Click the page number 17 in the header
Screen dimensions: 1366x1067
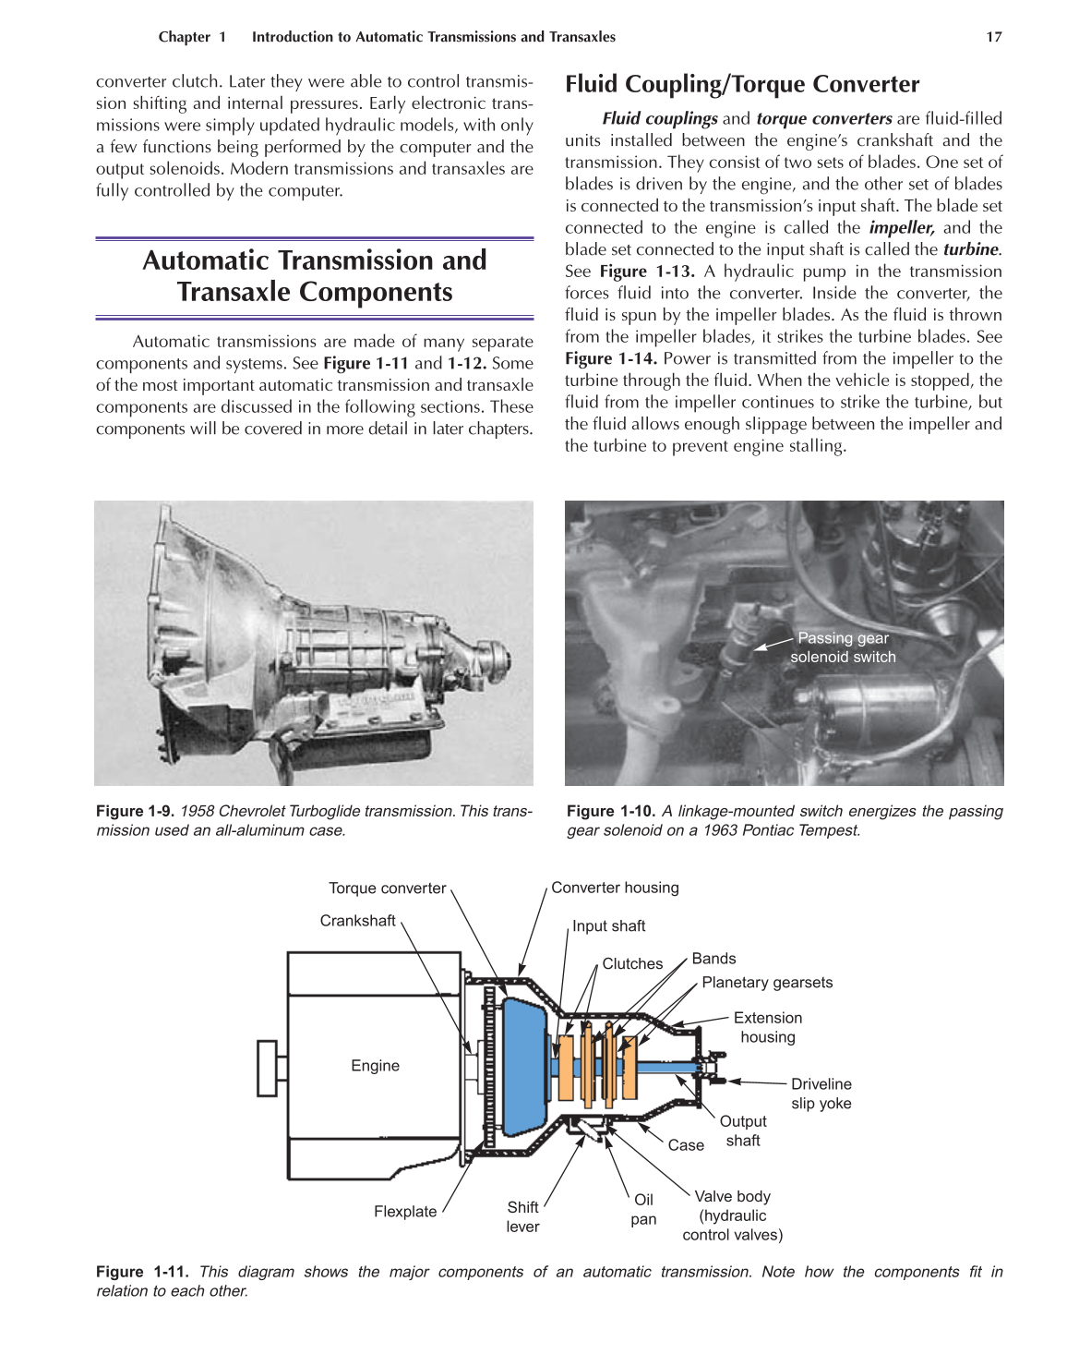(x=993, y=37)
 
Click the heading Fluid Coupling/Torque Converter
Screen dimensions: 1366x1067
(x=742, y=84)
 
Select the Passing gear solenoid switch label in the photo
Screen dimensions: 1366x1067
(x=843, y=647)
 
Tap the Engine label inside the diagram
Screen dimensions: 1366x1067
(x=375, y=1066)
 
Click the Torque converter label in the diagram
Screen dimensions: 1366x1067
(x=387, y=889)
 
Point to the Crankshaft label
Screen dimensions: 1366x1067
(x=357, y=921)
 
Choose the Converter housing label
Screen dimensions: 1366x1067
(x=615, y=888)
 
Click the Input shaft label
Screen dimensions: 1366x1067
(x=608, y=926)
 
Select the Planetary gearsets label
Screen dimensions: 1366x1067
(x=767, y=983)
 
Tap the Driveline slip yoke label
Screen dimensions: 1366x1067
(x=821, y=1094)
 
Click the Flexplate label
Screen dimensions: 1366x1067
(x=405, y=1212)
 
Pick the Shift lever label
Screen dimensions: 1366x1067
(x=522, y=1217)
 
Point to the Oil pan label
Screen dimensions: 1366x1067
(x=643, y=1209)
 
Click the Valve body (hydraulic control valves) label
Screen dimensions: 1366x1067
(x=732, y=1215)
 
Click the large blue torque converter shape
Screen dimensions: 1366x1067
(x=524, y=1067)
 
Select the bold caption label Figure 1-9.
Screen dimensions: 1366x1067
(x=135, y=811)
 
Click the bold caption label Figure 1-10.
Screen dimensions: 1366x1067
(x=610, y=811)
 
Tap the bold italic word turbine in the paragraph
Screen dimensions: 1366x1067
(x=970, y=249)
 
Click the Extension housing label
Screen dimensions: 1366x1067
(x=767, y=1027)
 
